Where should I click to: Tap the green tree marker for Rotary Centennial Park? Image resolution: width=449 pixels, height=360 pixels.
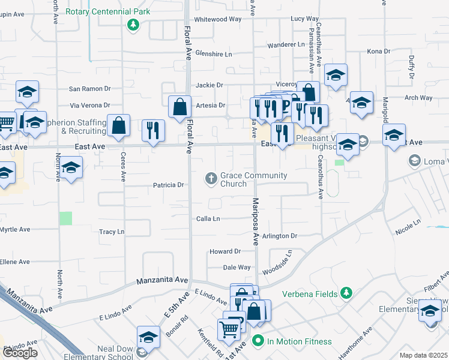tap(133, 25)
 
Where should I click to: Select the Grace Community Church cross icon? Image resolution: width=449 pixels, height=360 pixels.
tap(211, 178)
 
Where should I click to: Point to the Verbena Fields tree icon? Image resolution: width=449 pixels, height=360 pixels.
tap(346, 293)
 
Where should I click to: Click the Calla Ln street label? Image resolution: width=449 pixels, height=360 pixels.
tap(208, 219)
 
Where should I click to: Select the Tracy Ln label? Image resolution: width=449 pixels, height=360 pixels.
tap(112, 232)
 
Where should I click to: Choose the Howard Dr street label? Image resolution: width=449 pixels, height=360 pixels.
tap(224, 252)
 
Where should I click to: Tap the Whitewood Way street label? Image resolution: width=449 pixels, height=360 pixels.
tap(217, 19)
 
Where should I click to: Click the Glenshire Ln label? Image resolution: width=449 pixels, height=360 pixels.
tap(213, 54)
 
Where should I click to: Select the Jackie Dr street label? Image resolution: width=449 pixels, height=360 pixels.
tap(209, 85)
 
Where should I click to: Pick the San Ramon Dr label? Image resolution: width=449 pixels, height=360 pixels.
tap(90, 89)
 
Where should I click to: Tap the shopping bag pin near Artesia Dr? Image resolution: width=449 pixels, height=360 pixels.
tap(180, 107)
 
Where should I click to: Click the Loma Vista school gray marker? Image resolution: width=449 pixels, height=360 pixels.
tap(414, 161)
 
